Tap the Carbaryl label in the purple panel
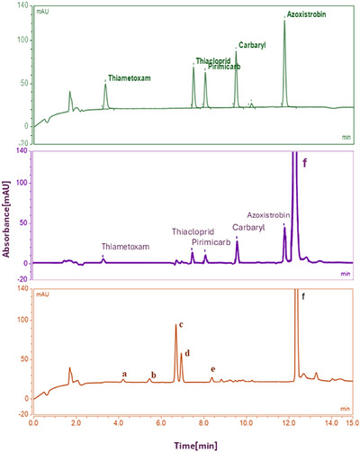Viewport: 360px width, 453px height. click(x=247, y=227)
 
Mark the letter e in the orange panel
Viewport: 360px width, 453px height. click(x=212, y=369)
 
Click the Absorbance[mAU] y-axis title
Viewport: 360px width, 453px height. click(x=8, y=215)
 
